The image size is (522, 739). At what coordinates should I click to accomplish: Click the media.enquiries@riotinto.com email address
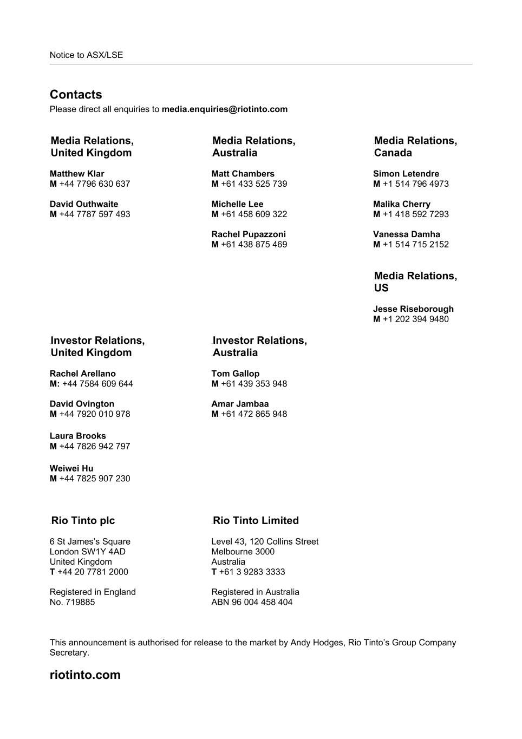pos(224,109)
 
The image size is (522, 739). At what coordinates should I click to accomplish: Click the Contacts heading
pos(76,95)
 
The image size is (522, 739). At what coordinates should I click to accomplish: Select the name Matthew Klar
pos(77,174)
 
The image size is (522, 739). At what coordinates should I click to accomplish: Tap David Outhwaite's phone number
pos(94,214)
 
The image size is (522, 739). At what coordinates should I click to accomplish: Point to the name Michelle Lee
pos(237,204)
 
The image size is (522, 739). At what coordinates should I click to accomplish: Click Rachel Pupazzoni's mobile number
pos(253,245)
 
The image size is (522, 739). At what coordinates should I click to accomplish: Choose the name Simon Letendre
pos(406,174)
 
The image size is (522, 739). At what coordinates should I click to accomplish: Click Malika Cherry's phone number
pos(415,214)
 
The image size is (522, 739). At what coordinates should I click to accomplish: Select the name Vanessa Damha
pos(406,234)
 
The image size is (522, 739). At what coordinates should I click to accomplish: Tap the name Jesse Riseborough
pos(413,309)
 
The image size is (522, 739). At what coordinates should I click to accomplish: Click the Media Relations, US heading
pos(415,282)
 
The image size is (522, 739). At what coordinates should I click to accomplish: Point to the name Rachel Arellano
pos(82,374)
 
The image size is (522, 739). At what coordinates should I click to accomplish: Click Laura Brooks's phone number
pos(94,447)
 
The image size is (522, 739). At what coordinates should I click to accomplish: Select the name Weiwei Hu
pos(71,468)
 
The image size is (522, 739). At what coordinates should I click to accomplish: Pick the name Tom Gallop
pos(235,374)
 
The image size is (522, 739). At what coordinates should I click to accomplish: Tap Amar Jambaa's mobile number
pos(253,414)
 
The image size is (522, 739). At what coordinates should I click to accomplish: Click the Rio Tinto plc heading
pos(83,521)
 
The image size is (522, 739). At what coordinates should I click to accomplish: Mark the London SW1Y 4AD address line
pos(87,552)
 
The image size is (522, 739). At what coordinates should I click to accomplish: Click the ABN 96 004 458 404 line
pos(252,602)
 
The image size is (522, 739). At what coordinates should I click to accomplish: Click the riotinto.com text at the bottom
pos(85,675)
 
